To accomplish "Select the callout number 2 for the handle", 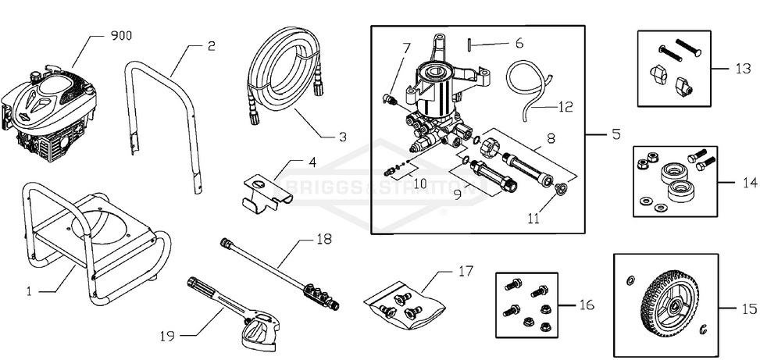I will (211, 46).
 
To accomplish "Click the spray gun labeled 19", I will (234, 312).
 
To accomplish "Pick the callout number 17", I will (466, 272).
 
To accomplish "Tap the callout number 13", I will (743, 68).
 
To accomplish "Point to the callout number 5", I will (615, 134).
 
